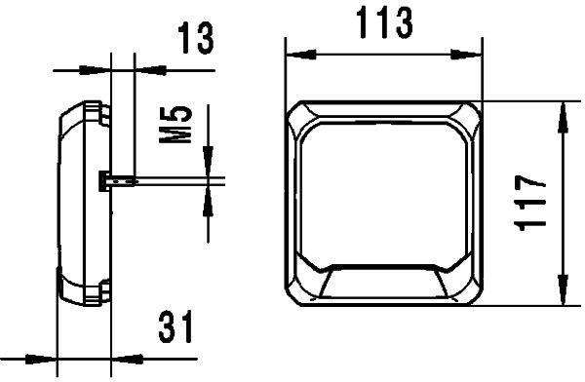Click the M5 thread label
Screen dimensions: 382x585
(175, 126)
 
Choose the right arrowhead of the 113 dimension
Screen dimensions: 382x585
(473, 51)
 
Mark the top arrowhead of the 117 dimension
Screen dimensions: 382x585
(563, 115)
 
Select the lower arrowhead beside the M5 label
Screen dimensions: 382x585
(208, 199)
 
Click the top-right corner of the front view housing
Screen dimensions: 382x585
(476, 105)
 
